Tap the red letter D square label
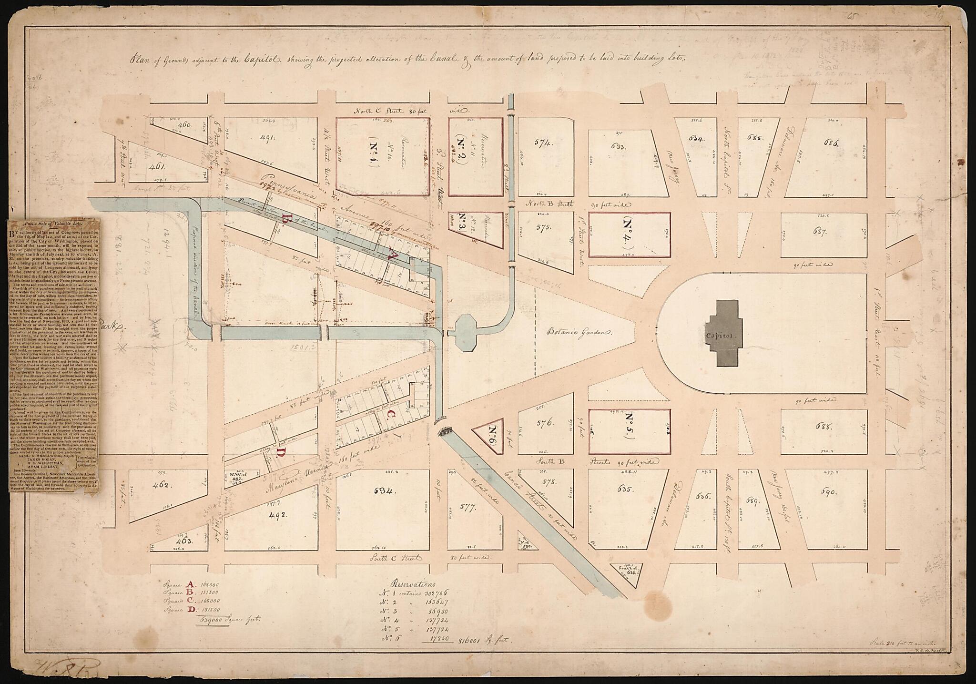tap(281, 452)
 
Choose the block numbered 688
tap(823, 427)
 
